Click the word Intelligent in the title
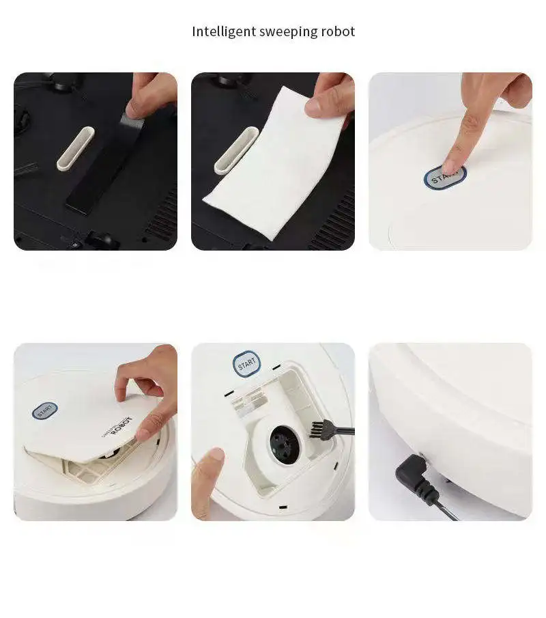(x=223, y=31)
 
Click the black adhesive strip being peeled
(x=102, y=171)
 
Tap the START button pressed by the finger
(x=446, y=176)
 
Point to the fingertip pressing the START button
(x=450, y=164)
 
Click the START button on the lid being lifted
(x=45, y=411)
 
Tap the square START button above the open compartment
(x=246, y=363)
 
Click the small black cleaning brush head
(x=318, y=429)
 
